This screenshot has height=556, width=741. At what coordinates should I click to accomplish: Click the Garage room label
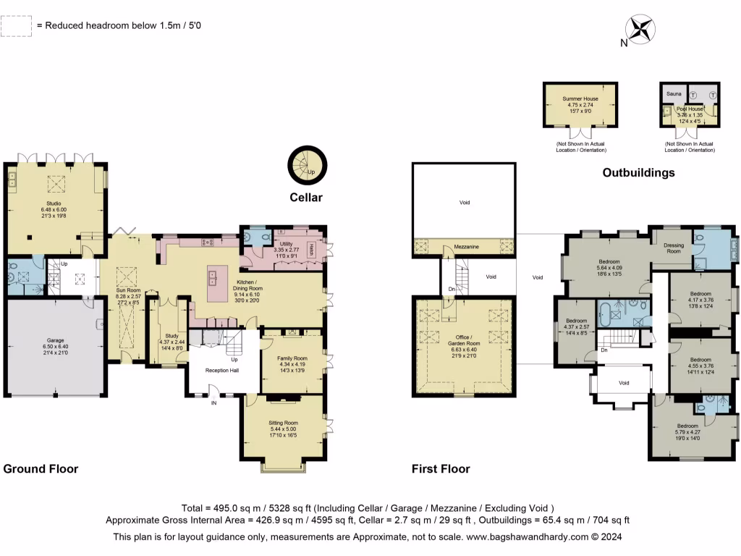point(54,347)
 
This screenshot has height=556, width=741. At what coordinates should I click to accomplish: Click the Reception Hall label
point(222,371)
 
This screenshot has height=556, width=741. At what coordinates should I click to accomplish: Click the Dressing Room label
point(673,248)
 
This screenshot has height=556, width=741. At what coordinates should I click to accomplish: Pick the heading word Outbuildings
point(639,172)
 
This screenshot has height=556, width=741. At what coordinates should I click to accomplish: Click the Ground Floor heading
point(41,468)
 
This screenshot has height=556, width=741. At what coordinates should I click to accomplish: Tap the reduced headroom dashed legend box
point(17,25)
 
